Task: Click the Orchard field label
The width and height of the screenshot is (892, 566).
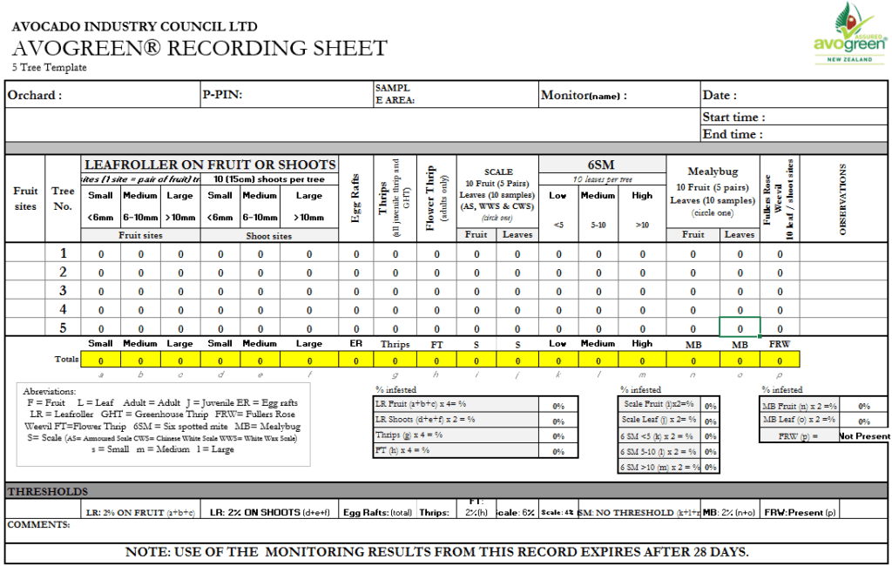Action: click(35, 96)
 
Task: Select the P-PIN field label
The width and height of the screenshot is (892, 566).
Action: click(222, 96)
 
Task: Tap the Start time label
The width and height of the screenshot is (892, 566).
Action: click(733, 117)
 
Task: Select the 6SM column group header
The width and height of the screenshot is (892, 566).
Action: click(601, 165)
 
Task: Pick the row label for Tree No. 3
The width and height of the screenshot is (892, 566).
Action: click(63, 290)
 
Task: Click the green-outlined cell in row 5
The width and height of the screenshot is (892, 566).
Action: click(740, 327)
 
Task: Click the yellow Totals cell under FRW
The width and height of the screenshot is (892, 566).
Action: click(780, 360)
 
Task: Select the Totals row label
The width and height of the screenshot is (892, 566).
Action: click(67, 360)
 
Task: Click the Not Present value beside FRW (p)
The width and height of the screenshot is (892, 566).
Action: click(864, 436)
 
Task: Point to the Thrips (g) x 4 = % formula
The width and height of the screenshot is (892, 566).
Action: click(408, 435)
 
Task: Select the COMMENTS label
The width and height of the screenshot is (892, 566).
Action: click(38, 525)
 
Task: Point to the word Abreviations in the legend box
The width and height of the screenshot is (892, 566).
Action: click(50, 392)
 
